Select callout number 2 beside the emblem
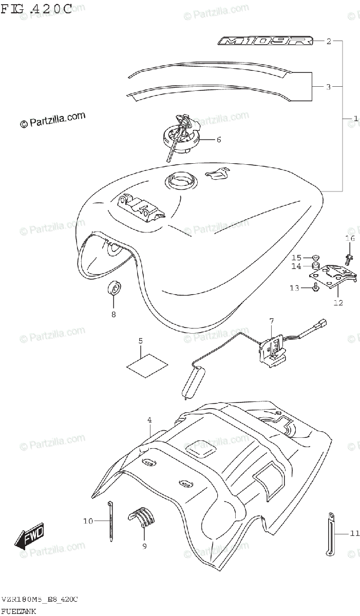coord(329,41)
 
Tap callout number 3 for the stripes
coord(329,87)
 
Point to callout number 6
coord(218,139)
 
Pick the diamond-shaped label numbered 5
coord(147,363)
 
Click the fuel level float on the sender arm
coord(193,383)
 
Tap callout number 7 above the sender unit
coord(272,321)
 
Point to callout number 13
coord(294,288)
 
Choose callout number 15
coord(297,257)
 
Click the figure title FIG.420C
coord(36,9)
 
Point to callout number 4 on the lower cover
coord(149,420)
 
